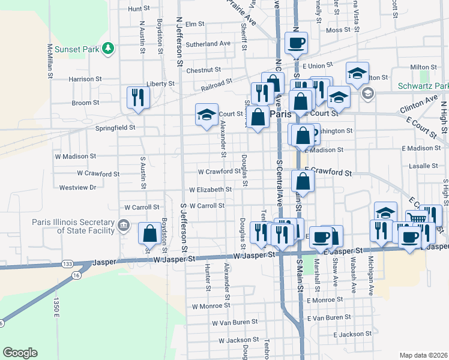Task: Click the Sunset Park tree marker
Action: (108, 49)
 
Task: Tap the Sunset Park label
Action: (76, 49)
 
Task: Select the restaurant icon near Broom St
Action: (137, 97)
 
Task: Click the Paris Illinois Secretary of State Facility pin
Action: (124, 226)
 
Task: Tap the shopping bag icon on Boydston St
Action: (149, 233)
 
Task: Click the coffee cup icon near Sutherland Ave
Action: (296, 43)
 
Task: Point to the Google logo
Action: (20, 353)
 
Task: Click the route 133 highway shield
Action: (67, 264)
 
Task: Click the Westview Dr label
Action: (78, 187)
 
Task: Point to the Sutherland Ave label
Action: (208, 44)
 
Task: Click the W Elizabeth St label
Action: (210, 190)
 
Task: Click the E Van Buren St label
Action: (328, 317)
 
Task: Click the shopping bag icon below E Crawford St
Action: (303, 181)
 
